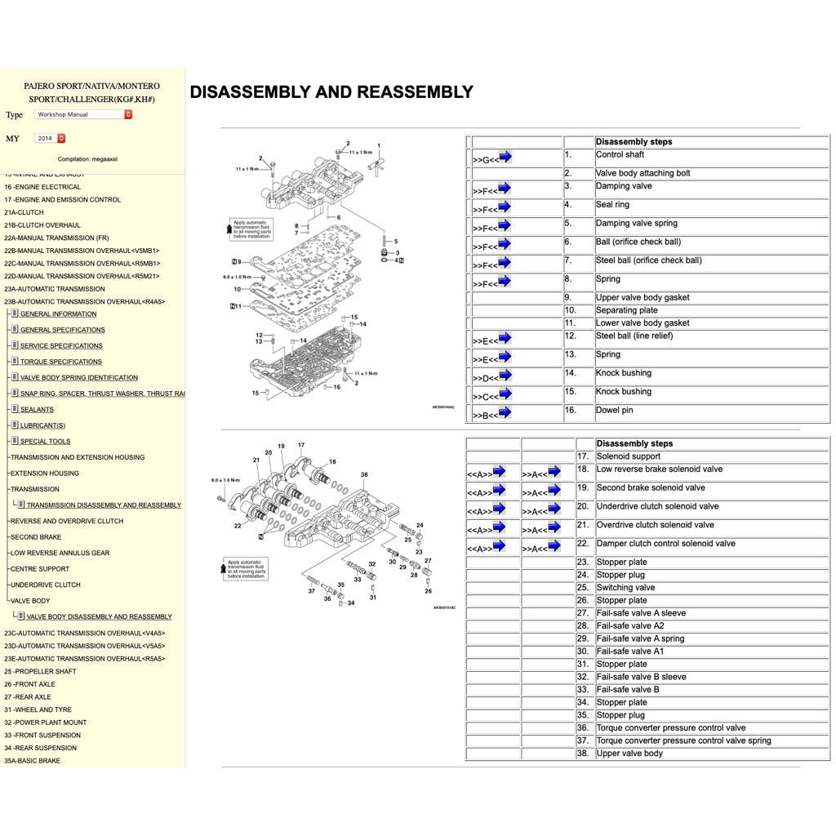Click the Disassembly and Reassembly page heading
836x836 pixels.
[x=331, y=92]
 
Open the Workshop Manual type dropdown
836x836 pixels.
[x=82, y=114]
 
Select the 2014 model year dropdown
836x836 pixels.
[x=50, y=138]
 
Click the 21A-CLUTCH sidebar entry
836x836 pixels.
[x=24, y=212]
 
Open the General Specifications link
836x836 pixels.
[x=62, y=330]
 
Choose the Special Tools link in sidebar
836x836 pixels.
[x=45, y=442]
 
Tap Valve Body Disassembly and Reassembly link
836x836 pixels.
[x=99, y=616]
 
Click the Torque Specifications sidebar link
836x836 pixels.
[x=61, y=362]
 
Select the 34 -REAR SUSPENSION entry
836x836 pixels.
[x=40, y=748]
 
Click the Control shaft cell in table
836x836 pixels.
[x=620, y=154]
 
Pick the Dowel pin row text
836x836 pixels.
[x=615, y=411]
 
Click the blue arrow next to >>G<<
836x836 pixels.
[x=505, y=157]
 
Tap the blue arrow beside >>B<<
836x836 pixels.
[x=505, y=412]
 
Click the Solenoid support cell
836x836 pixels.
[x=629, y=456]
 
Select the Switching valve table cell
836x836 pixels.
[x=625, y=588]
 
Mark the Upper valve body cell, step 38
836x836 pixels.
[x=629, y=754]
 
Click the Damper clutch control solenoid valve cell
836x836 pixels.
[x=665, y=544]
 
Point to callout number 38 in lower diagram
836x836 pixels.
[x=364, y=474]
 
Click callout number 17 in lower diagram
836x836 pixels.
[x=301, y=446]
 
